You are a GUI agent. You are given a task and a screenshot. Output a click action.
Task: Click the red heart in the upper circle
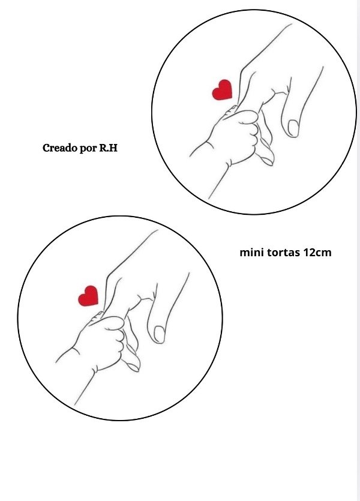click(223, 90)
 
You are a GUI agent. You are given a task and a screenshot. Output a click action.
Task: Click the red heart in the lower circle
click(88, 296)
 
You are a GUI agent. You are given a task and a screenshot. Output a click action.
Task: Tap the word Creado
click(55, 148)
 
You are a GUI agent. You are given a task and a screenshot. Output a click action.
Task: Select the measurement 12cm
click(317, 253)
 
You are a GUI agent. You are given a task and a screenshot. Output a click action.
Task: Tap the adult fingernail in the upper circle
click(293, 128)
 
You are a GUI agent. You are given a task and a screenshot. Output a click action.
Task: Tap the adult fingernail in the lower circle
click(160, 334)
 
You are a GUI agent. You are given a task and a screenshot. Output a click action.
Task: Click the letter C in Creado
click(46, 148)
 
